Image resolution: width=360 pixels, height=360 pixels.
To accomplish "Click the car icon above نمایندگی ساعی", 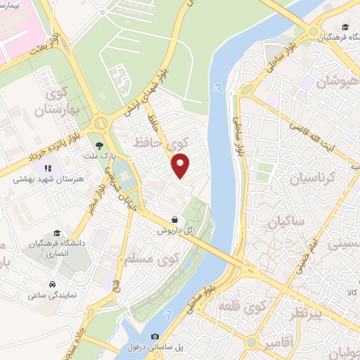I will click(x=53, y=285).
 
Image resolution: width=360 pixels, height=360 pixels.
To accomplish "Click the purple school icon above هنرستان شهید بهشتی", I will click(x=49, y=169).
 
